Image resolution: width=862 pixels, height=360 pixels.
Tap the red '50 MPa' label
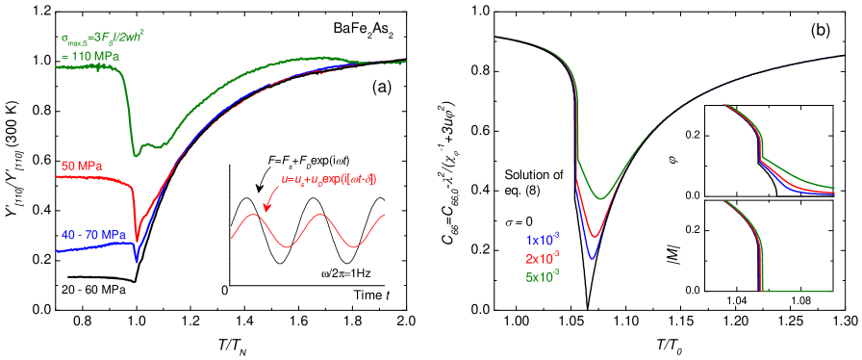click(82, 166)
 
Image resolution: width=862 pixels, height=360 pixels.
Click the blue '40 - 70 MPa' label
click(92, 235)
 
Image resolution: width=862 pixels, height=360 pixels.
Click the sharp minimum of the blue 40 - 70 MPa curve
click(137, 260)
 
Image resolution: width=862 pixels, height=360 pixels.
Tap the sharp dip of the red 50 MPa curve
click(137, 239)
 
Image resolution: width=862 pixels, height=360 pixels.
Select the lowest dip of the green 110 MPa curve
click(137, 154)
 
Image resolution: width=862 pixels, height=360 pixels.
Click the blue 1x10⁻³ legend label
click(543, 239)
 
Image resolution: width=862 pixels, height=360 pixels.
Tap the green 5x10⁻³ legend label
click(543, 277)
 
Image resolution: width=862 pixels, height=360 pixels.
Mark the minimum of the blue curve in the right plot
click(593, 259)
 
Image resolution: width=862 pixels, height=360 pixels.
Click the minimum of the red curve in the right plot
click(596, 237)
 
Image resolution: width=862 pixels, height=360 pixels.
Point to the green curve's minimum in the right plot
click(600, 199)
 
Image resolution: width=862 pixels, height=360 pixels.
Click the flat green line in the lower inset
click(799, 291)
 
